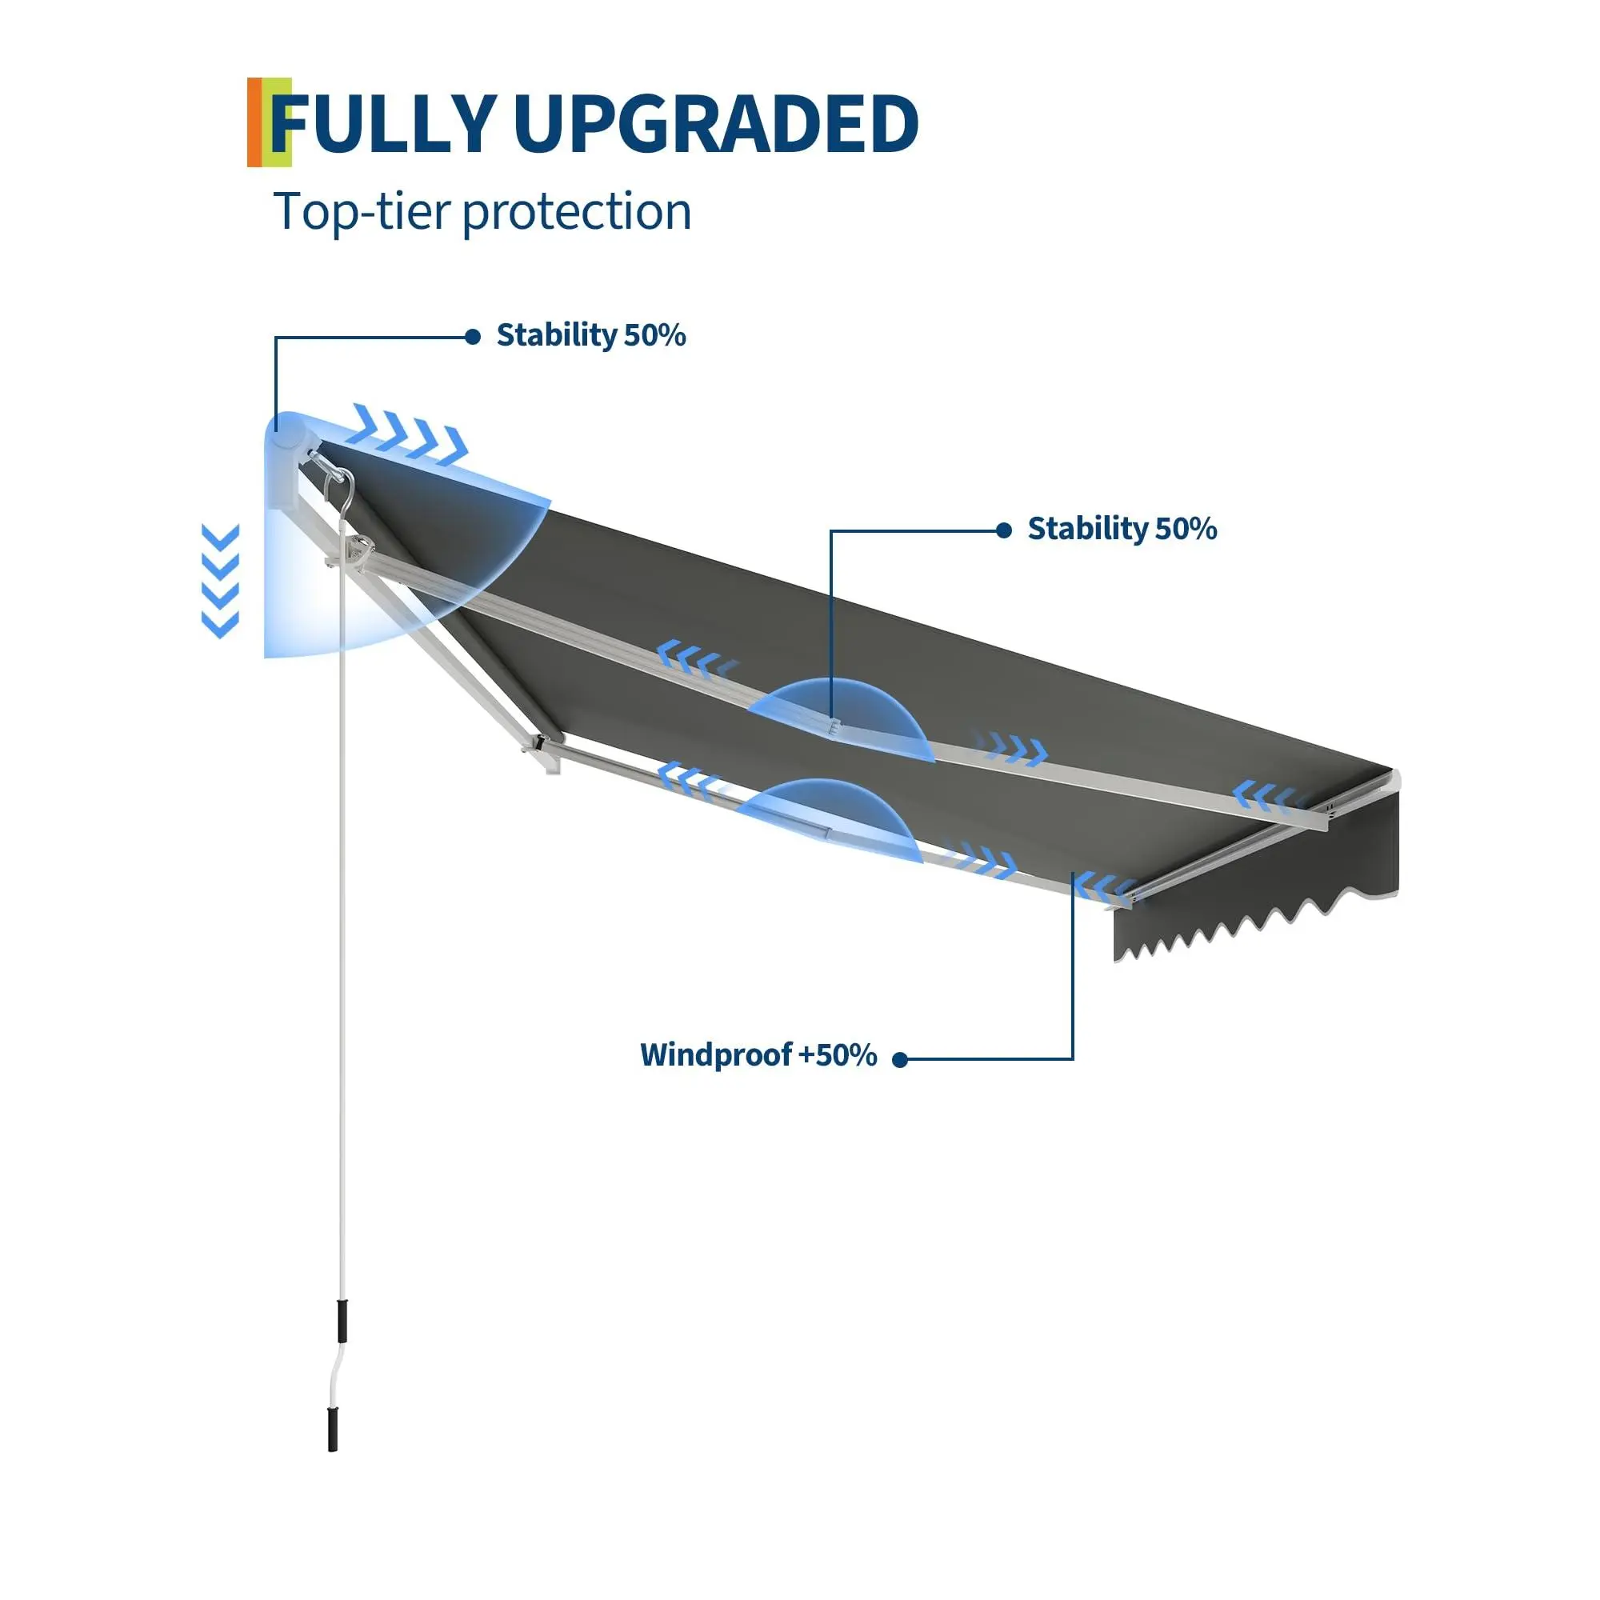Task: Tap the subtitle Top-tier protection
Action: (482, 211)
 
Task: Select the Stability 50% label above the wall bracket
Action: (590, 335)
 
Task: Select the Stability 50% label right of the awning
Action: (1122, 529)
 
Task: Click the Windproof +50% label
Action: (758, 1055)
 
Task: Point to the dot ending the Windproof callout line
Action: (900, 1059)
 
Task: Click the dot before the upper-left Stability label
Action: (473, 336)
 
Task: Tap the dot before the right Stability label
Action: (1004, 530)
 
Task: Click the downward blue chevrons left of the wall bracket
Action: (220, 581)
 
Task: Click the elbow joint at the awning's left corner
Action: (542, 750)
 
